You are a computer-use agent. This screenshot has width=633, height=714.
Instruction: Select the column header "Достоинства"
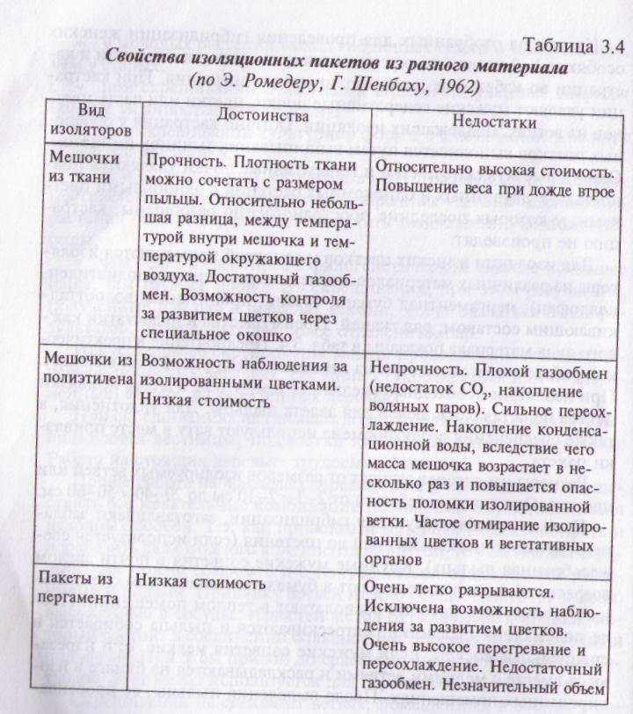pos(256,114)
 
